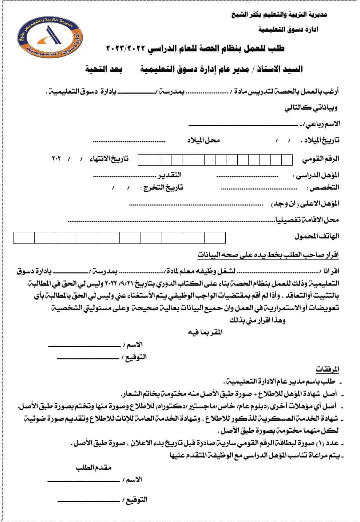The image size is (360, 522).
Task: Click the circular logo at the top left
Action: (x=50, y=36)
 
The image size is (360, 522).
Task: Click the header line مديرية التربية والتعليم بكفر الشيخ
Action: (x=279, y=15)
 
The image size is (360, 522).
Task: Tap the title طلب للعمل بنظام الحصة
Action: (x=195, y=49)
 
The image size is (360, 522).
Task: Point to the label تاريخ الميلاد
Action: (x=320, y=140)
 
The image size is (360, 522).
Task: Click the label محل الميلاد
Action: (x=203, y=140)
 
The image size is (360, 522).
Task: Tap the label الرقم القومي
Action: (x=321, y=159)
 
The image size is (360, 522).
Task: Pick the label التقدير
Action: (x=170, y=175)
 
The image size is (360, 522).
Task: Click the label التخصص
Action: (x=323, y=188)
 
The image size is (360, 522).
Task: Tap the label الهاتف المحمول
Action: (x=317, y=236)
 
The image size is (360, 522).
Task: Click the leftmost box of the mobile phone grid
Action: (x=24, y=238)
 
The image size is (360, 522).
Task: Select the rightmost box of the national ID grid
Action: (x=287, y=160)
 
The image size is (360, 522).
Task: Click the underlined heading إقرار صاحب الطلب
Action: (x=268, y=255)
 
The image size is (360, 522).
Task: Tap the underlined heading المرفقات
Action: (x=327, y=369)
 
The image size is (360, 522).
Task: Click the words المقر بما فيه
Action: (x=205, y=332)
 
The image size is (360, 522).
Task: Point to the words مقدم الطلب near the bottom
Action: (x=93, y=467)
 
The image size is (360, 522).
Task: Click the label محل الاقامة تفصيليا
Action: (x=307, y=220)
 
